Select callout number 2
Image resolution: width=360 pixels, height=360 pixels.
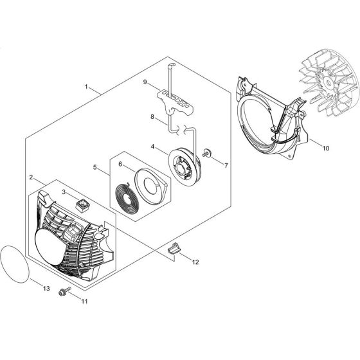tap(32, 177)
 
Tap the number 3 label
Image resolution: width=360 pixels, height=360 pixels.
tap(64, 191)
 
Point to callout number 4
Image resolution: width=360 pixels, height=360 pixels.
tap(152, 146)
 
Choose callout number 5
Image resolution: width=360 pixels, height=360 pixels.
tap(95, 168)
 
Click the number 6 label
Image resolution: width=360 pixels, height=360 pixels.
tap(120, 164)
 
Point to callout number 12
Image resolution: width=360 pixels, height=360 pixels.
tap(195, 262)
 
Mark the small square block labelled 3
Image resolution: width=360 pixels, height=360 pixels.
tap(82, 205)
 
